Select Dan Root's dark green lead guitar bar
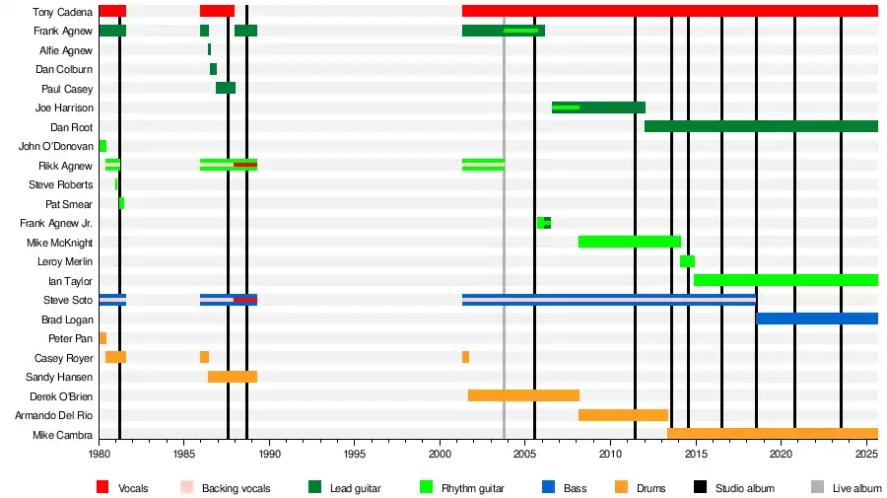point(761,126)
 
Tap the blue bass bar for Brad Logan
point(816,319)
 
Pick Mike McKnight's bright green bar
point(629,242)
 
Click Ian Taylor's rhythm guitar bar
point(785,280)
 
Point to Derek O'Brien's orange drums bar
point(523,395)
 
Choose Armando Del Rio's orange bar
point(623,415)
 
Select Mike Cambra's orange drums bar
point(772,434)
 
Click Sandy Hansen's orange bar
point(233,377)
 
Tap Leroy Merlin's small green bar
point(687,261)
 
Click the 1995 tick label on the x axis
point(355,455)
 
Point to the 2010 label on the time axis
point(610,455)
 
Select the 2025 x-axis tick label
point(866,455)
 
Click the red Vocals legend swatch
point(102,487)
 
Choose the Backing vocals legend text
point(236,488)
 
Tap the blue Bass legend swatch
point(548,487)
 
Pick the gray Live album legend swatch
point(816,487)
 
